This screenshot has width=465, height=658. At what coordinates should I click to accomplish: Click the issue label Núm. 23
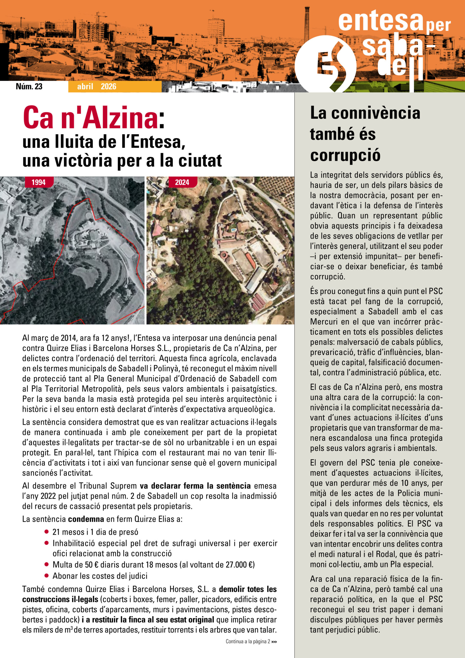[x=29, y=86]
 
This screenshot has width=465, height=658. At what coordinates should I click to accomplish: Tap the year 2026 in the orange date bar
[x=108, y=87]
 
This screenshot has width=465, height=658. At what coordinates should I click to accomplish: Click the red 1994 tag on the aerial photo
[x=38, y=182]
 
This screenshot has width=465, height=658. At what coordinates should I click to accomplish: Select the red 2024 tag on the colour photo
[x=182, y=182]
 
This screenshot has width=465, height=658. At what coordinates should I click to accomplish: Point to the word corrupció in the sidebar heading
[x=345, y=155]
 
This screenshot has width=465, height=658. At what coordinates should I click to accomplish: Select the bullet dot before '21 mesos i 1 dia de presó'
[x=46, y=532]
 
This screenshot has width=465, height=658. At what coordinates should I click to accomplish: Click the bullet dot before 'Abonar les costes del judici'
[x=46, y=576]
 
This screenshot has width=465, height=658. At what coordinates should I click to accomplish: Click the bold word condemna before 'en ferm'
[x=86, y=519]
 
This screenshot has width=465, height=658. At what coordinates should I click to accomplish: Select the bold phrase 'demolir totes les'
[x=248, y=589]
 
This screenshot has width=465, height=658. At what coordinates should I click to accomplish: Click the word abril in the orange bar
[x=85, y=87]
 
